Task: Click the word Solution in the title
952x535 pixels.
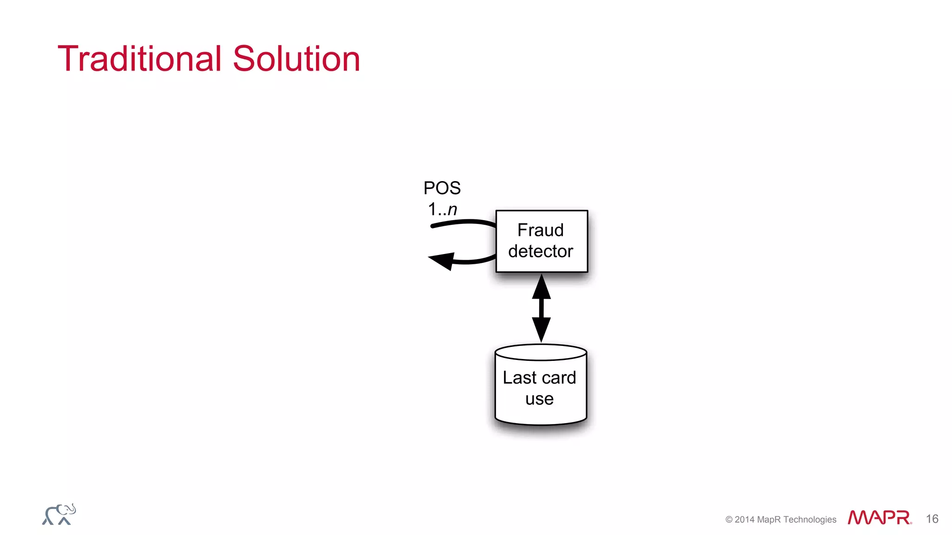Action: click(296, 59)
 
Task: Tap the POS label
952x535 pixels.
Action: click(442, 188)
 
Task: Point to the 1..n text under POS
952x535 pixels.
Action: click(442, 209)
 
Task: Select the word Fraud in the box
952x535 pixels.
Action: click(540, 230)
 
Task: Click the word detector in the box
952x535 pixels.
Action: click(540, 251)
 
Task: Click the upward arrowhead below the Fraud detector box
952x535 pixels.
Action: click(541, 287)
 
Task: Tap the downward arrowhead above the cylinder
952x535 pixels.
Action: click(541, 329)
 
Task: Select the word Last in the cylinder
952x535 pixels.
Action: click(520, 378)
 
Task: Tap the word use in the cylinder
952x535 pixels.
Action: click(539, 399)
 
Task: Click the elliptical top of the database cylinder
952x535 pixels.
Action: click(541, 352)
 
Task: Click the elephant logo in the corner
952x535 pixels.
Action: click(59, 515)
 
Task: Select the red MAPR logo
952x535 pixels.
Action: click(879, 518)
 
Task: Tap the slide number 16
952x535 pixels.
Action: click(932, 519)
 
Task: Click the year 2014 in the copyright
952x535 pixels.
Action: click(744, 520)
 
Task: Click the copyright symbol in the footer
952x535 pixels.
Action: click(729, 520)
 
